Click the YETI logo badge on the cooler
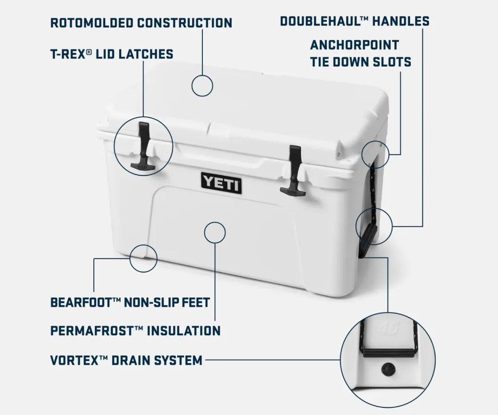point(221,183)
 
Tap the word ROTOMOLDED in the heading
point(92,23)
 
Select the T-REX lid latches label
point(112,54)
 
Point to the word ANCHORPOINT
point(355,45)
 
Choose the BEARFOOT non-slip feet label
point(130,302)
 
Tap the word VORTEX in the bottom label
point(74,361)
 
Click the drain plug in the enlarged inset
point(389,370)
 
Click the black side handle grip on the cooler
point(368,237)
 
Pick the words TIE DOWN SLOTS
point(361,62)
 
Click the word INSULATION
point(183,331)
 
